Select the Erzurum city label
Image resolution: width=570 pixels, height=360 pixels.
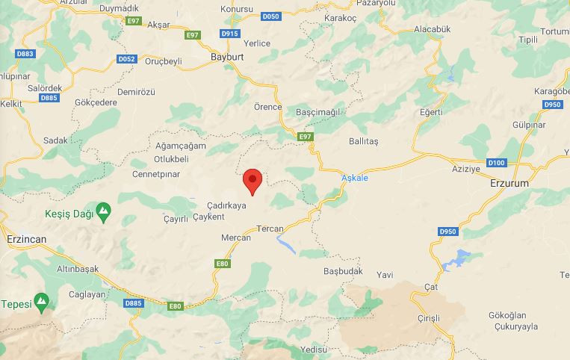(509, 183)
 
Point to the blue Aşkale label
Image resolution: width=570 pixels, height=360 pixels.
(354, 178)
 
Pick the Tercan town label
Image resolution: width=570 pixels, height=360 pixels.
(270, 229)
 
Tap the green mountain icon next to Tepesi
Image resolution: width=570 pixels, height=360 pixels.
(42, 302)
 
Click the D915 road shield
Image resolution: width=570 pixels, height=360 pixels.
(230, 34)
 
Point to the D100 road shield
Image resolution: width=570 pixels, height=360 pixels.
(496, 163)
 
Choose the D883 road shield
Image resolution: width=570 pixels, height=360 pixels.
(25, 54)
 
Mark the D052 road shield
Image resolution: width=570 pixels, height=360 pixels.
(127, 58)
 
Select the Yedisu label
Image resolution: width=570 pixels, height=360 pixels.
(313, 350)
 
